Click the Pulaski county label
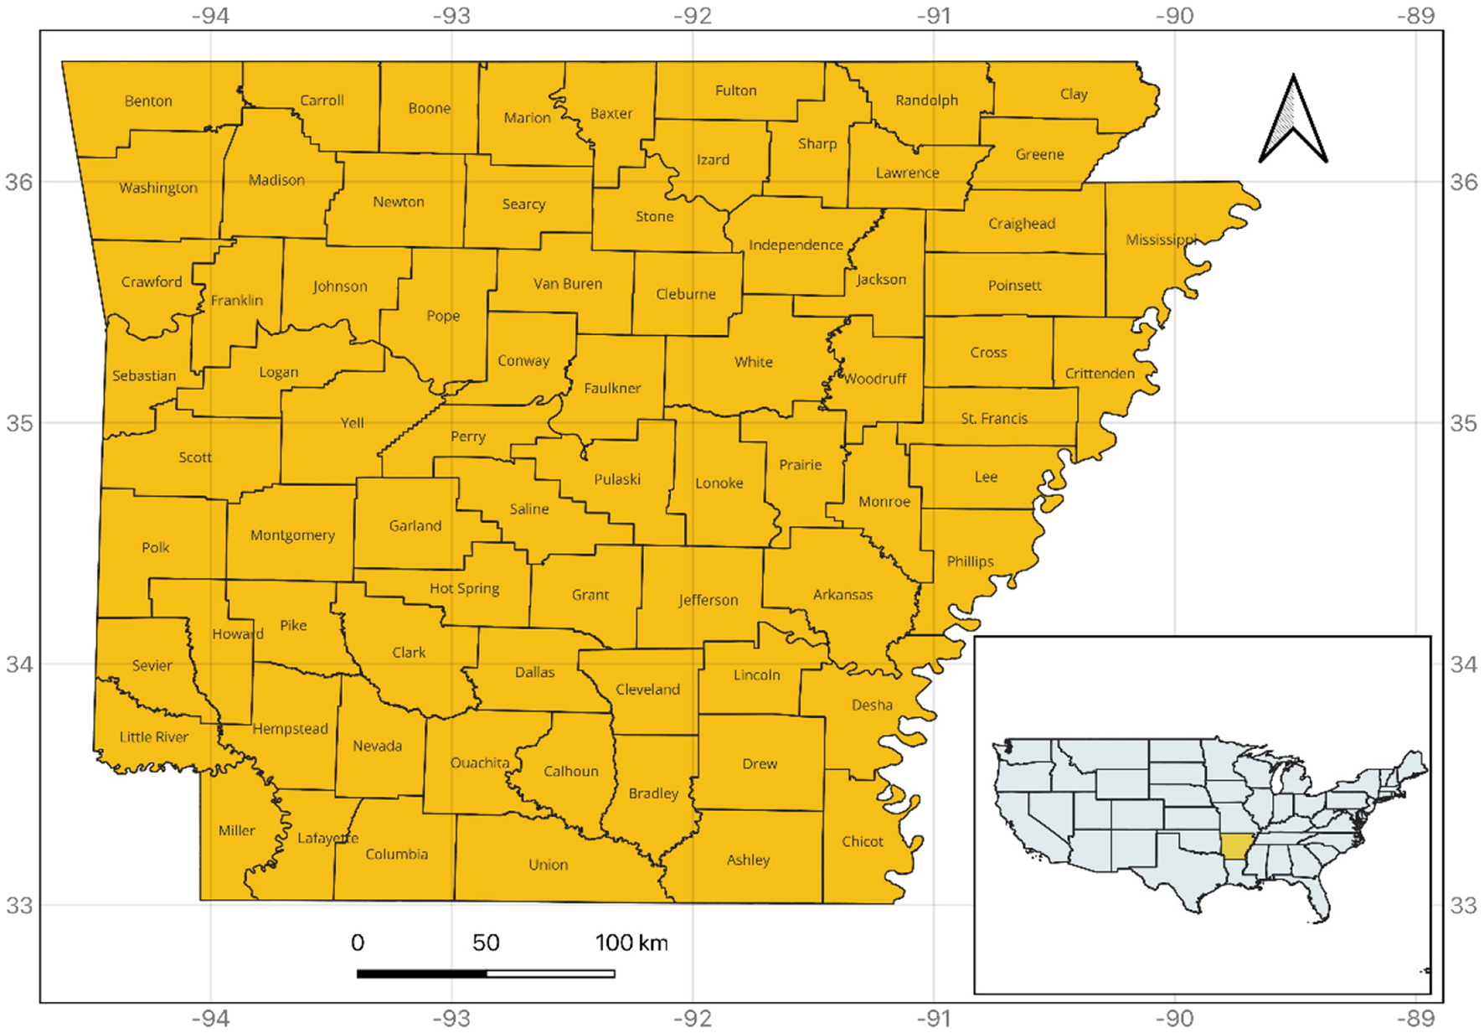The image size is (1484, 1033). pyautogui.click(x=617, y=479)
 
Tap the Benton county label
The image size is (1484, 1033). pyautogui.click(x=148, y=101)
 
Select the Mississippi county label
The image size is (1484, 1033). pyautogui.click(x=1161, y=240)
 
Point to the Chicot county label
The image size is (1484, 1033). pyautogui.click(x=863, y=841)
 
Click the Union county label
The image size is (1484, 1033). pyautogui.click(x=549, y=865)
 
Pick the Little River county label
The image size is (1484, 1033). pyautogui.click(x=154, y=737)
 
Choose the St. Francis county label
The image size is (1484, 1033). pyautogui.click(x=994, y=418)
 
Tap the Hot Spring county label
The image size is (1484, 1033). pyautogui.click(x=465, y=588)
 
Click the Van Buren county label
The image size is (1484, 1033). pyautogui.click(x=568, y=284)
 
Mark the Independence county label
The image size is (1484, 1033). pyautogui.click(x=796, y=245)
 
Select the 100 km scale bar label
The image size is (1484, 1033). pyautogui.click(x=631, y=943)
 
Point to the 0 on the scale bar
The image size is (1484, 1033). pyautogui.click(x=358, y=943)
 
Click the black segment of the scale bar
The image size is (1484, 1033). pyautogui.click(x=422, y=974)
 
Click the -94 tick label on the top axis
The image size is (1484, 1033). pyautogui.click(x=210, y=16)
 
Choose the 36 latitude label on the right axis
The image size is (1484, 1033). pyautogui.click(x=1464, y=183)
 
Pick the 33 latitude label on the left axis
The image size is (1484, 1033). pyautogui.click(x=20, y=906)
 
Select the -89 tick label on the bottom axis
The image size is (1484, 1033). pyautogui.click(x=1415, y=1019)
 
